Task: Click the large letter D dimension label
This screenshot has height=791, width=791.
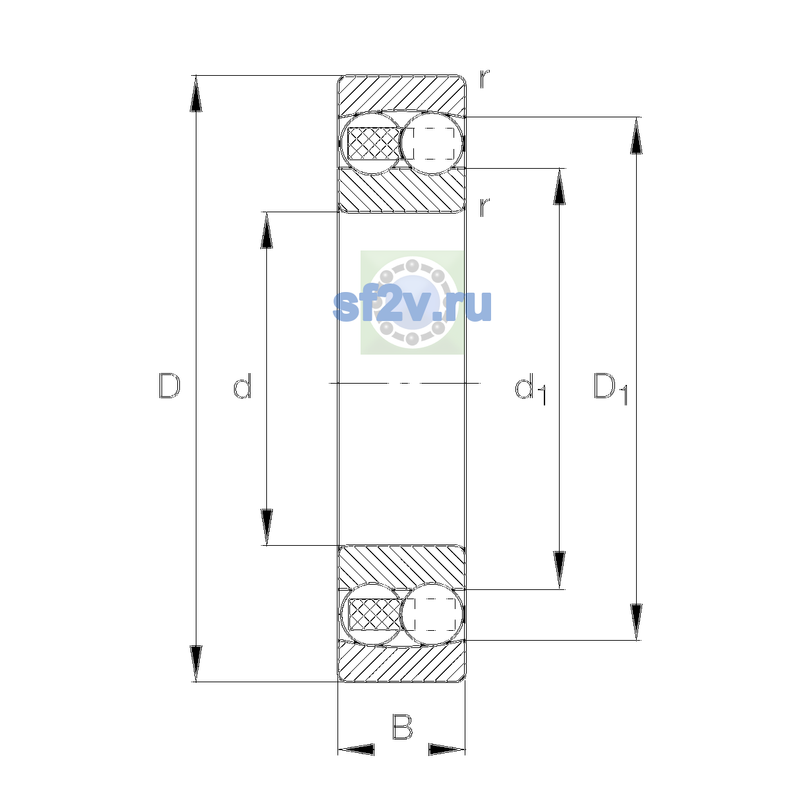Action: point(169,386)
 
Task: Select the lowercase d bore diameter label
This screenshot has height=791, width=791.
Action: point(242,386)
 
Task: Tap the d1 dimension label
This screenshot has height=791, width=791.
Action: point(530,388)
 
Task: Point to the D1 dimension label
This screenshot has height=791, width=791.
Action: point(610,388)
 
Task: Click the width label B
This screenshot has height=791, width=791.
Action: point(402,726)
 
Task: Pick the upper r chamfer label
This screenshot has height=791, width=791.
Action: point(484,79)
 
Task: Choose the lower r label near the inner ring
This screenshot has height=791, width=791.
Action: point(484,207)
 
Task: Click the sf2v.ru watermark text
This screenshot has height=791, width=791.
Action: point(412,305)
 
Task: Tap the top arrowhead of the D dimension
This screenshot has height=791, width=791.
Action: point(196,94)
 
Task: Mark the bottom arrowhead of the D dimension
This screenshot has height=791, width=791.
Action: point(196,664)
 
